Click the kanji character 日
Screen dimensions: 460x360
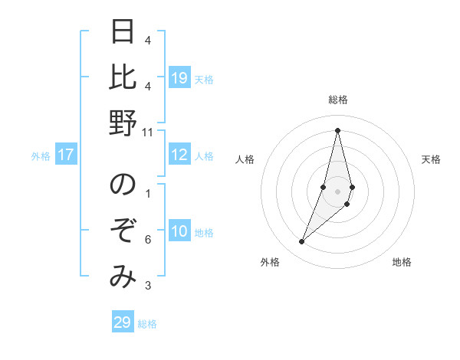click(122, 32)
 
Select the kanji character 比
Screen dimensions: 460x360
click(122, 77)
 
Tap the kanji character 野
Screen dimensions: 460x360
click(122, 122)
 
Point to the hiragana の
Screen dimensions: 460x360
click(122, 185)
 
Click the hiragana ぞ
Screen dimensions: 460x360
click(122, 231)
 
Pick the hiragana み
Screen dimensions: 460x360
click(122, 277)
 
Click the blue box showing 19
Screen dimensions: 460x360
click(179, 77)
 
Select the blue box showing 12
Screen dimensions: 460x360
click(179, 155)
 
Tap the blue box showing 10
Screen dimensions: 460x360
click(179, 232)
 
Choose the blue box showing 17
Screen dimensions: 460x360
click(65, 155)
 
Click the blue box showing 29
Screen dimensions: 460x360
click(122, 322)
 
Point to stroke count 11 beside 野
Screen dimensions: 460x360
click(148, 132)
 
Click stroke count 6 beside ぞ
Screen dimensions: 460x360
click(148, 240)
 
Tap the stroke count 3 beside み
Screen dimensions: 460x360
click(148, 286)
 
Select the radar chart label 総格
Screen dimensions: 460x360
click(337, 100)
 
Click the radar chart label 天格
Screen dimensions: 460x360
click(431, 159)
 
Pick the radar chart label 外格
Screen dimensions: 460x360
click(269, 262)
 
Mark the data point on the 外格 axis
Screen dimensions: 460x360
click(301, 241)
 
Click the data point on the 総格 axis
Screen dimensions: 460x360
click(337, 129)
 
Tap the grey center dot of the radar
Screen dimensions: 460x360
click(337, 191)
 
